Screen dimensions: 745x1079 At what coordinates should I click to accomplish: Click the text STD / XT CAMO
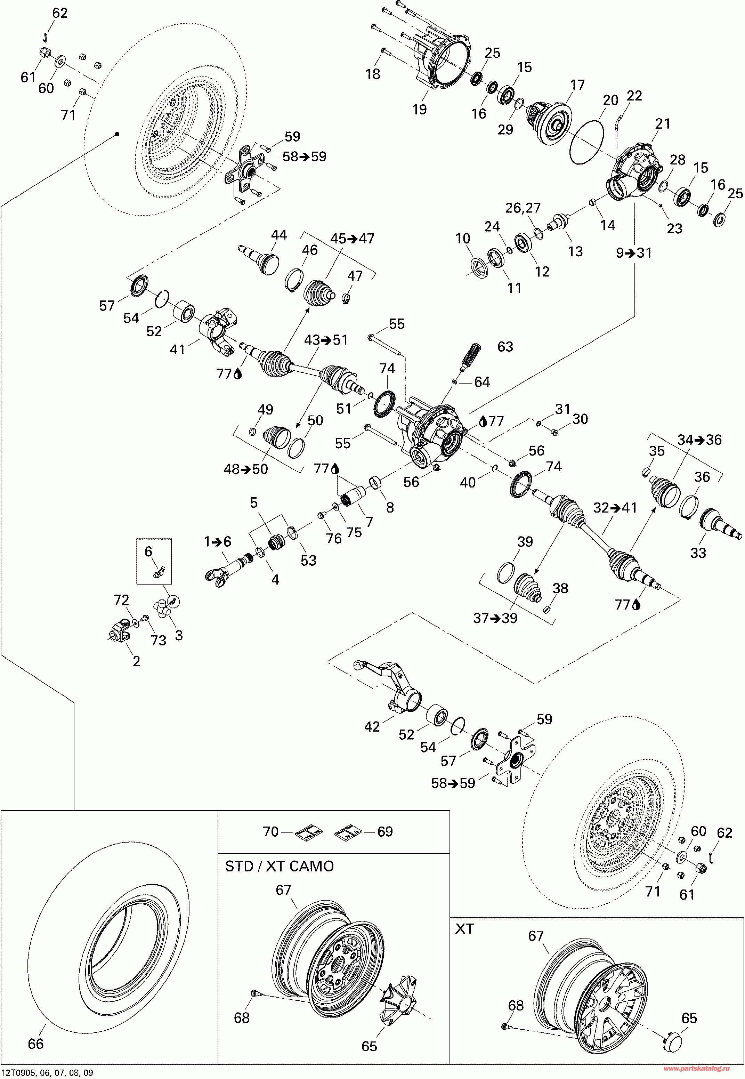(x=279, y=866)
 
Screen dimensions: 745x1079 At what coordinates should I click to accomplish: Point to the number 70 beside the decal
(x=271, y=831)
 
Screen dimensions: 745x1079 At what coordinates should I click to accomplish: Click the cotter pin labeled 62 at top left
(x=45, y=37)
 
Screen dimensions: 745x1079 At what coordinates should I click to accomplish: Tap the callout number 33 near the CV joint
(x=698, y=553)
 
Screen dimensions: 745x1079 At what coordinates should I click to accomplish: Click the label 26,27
(x=523, y=208)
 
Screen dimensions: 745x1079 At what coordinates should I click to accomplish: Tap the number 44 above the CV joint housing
(x=279, y=234)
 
